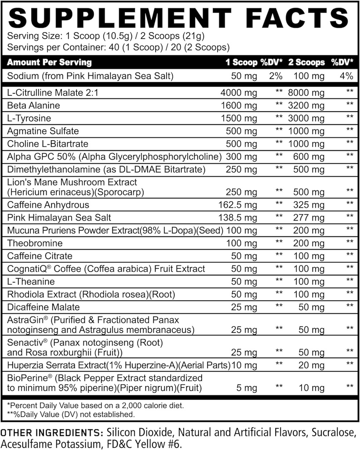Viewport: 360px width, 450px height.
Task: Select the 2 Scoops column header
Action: click(x=306, y=62)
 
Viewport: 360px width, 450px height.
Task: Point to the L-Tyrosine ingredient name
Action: click(x=29, y=119)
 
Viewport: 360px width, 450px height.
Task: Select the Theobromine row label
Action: click(x=35, y=243)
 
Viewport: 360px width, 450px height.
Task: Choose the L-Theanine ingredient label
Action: click(x=31, y=282)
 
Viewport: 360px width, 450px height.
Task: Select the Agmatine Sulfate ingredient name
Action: click(x=43, y=131)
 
